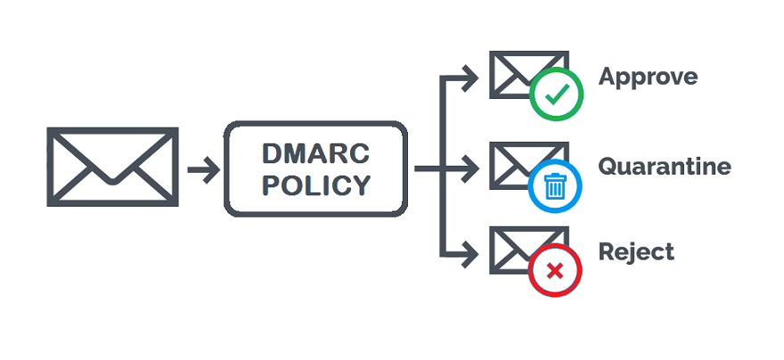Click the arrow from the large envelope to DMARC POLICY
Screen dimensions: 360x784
click(204, 168)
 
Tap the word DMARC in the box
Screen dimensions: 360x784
click(316, 153)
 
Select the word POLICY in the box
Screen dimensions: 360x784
click(316, 185)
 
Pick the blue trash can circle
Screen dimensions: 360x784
click(555, 185)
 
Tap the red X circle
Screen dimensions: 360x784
click(554, 269)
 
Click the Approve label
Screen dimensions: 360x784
click(648, 78)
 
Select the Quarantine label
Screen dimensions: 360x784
click(665, 167)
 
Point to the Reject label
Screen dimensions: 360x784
click(636, 252)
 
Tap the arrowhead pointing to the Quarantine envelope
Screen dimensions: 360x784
click(471, 168)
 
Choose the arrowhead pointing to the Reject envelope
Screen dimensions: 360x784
click(471, 255)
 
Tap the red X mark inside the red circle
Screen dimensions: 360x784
click(554, 269)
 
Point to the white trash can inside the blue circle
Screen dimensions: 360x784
click(555, 186)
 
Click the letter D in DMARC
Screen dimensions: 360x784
click(272, 153)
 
